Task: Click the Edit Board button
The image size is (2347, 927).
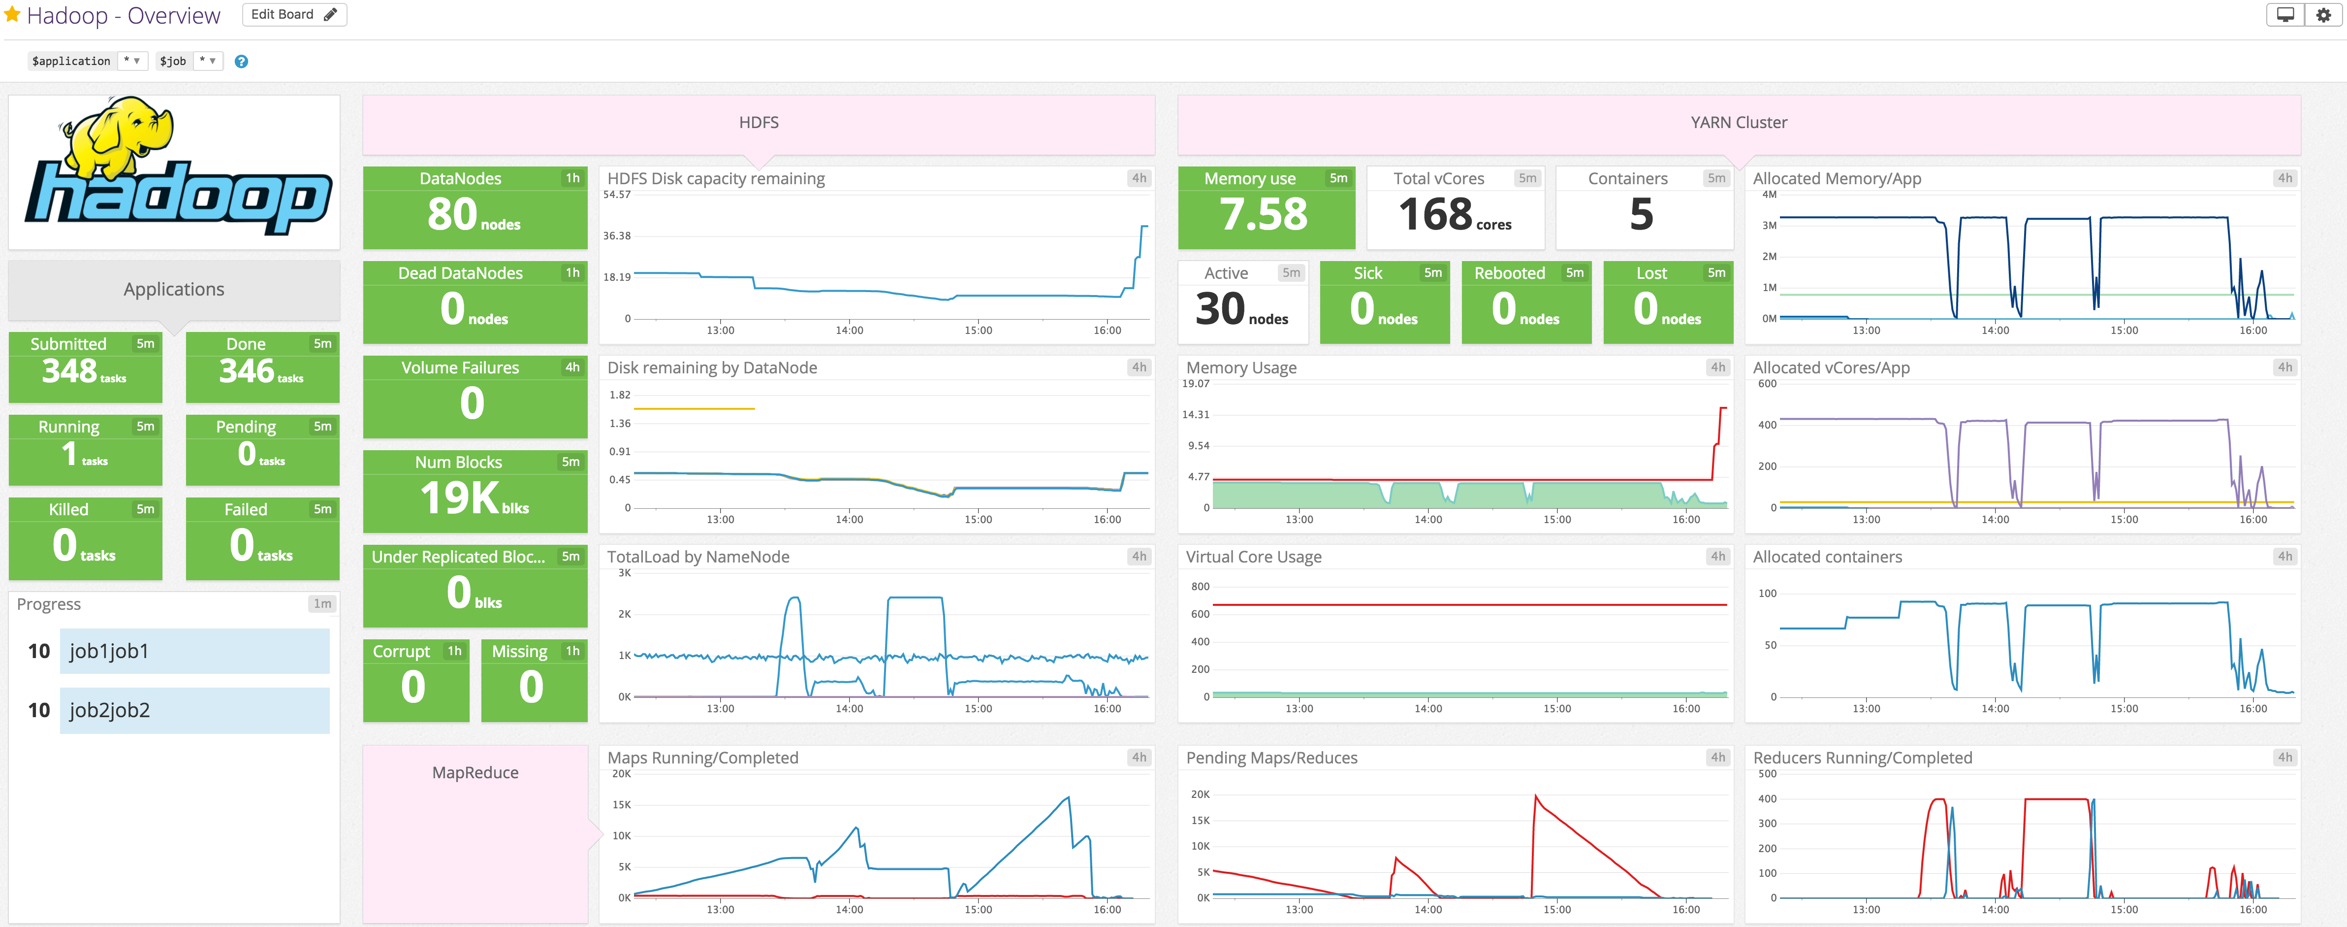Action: pyautogui.click(x=293, y=15)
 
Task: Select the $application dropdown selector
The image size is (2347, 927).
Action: pyautogui.click(x=87, y=61)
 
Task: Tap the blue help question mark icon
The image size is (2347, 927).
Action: pyautogui.click(x=241, y=61)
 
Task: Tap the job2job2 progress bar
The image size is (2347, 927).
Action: pyautogui.click(x=194, y=710)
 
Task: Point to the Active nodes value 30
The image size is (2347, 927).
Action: pyautogui.click(x=1220, y=309)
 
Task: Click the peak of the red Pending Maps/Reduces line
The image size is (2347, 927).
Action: pyautogui.click(x=1536, y=796)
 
